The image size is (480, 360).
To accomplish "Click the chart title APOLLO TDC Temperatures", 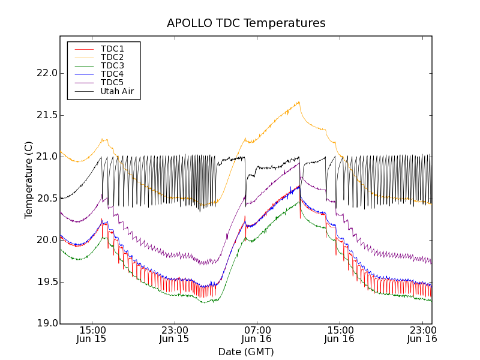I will (x=246, y=23).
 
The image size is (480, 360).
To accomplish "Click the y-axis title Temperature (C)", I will (x=29, y=180).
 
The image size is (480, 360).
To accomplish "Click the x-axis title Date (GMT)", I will (x=246, y=352).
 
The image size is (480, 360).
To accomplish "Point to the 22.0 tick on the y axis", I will (x=47, y=73).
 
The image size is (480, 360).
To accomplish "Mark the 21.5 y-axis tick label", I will (x=47, y=115).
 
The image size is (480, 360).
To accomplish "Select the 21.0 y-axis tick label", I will (x=47, y=157).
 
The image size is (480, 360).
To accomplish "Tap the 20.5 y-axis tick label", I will (x=47, y=199).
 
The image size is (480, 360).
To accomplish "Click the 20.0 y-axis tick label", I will (x=47, y=240).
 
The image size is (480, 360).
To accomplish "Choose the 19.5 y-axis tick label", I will (x=47, y=282).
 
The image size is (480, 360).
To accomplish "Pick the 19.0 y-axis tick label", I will (x=47, y=323).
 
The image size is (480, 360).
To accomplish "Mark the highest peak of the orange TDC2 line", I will (x=298, y=102).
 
